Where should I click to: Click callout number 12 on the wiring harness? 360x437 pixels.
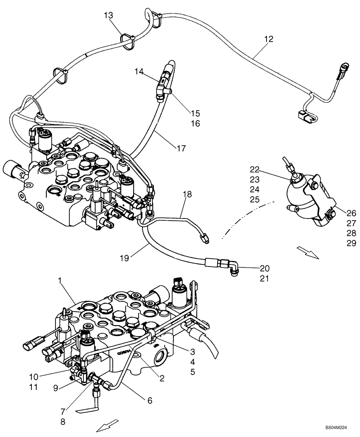coord(268,39)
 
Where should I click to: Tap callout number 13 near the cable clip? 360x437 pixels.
coord(108,16)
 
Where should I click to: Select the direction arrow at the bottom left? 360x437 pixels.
coord(107,425)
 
